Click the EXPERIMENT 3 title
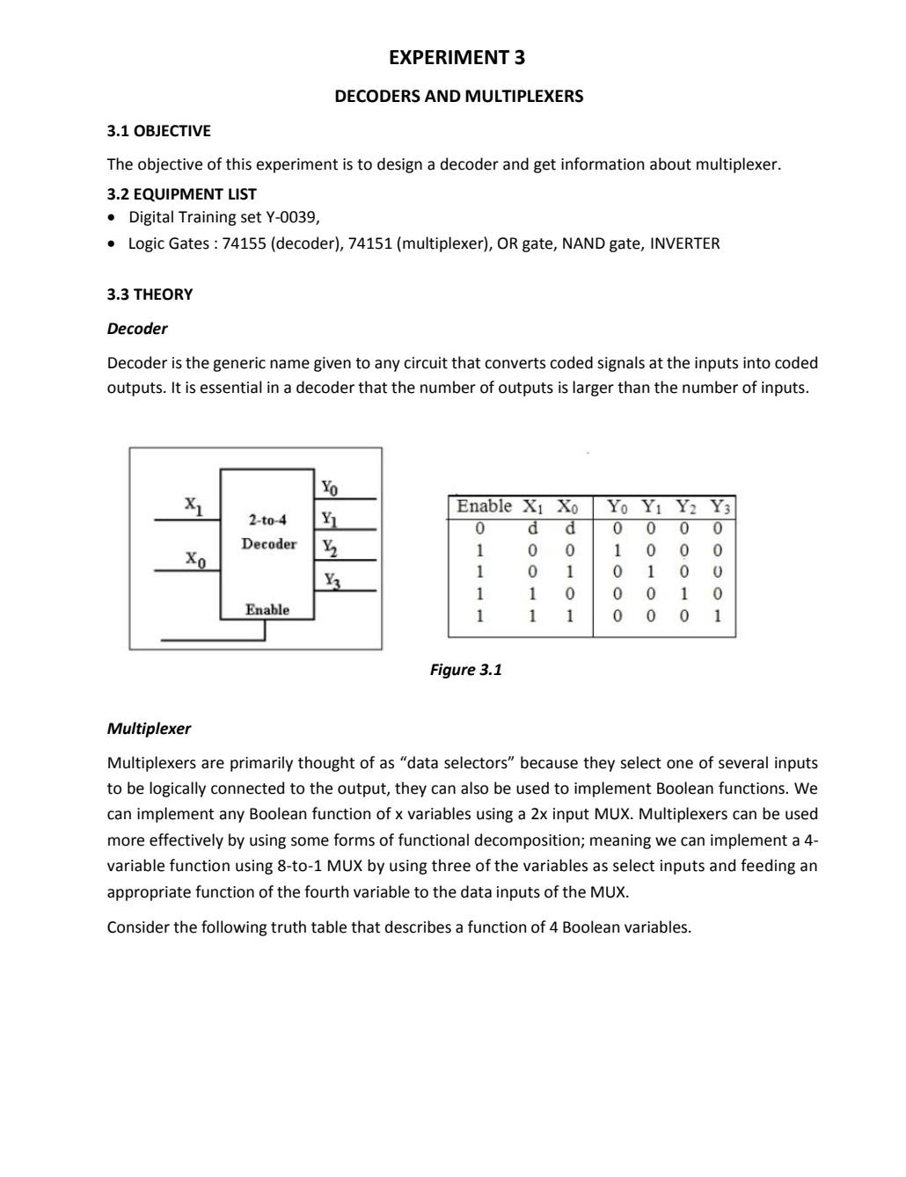pos(457,58)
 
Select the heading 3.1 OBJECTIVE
pos(158,131)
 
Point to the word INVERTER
pos(683,243)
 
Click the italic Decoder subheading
pos(136,329)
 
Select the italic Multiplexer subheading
pos(149,729)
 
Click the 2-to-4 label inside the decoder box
pos(267,519)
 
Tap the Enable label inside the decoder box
pos(267,609)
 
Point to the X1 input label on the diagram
pos(194,505)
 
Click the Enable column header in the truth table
pos(484,506)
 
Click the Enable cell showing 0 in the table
pos(479,528)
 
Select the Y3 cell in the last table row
pos(718,616)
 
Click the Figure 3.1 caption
pos(465,670)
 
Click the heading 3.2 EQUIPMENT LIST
pos(181,194)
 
